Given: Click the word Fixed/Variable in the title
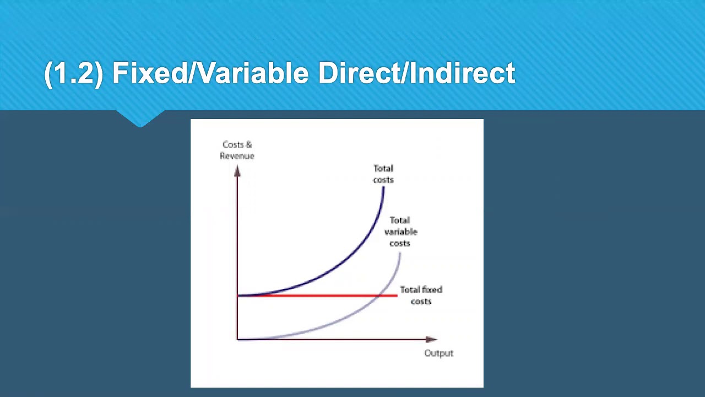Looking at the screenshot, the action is click(210, 73).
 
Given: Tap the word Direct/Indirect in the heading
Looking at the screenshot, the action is click(417, 73).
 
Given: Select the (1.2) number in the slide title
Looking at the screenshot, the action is click(74, 74).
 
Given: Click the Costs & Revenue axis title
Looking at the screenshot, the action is click(237, 151).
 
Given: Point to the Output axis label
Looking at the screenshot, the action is click(439, 353).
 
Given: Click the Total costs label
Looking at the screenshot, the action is click(383, 174).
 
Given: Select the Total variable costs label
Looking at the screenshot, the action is click(400, 232).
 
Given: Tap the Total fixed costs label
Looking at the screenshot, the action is click(421, 295).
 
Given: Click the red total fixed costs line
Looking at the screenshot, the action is click(318, 296).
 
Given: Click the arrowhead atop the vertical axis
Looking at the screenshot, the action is click(237, 171).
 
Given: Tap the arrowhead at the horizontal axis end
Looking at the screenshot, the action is click(431, 339).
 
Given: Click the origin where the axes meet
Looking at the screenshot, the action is click(237, 340).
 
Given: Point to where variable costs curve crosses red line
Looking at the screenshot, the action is click(378, 296).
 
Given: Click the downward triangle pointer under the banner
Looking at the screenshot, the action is click(140, 119).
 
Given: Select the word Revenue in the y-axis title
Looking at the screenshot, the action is click(237, 156).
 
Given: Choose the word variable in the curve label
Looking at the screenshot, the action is click(400, 232).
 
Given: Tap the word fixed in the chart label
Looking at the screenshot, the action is click(432, 289).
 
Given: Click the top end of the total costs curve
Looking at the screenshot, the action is click(384, 187).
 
